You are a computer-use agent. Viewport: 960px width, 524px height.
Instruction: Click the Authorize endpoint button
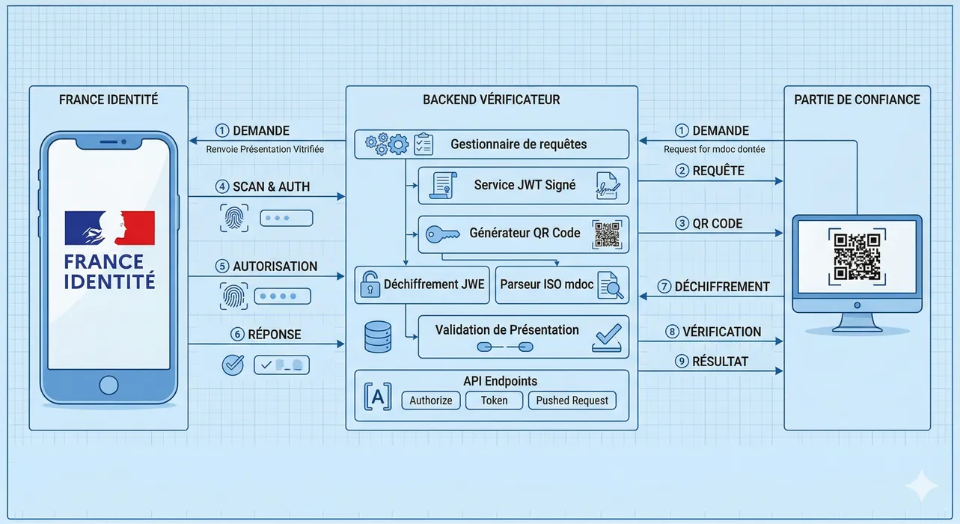point(431,400)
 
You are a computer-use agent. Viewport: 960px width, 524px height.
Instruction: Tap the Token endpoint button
point(494,400)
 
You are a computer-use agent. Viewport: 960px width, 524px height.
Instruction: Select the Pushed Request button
point(572,400)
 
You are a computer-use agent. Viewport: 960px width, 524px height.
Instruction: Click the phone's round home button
point(109,385)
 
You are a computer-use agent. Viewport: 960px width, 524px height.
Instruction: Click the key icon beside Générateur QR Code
point(442,234)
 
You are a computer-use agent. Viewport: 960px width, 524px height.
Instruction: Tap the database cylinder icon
point(377,337)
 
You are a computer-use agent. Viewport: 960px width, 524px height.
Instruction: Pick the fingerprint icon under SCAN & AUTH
point(233,218)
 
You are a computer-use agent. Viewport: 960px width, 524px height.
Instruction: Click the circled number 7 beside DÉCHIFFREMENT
point(664,287)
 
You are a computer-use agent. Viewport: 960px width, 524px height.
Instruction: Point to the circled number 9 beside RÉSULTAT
point(681,362)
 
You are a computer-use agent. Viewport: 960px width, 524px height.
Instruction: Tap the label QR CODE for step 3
point(717,223)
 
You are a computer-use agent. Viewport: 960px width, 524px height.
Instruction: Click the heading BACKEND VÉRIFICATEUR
point(491,100)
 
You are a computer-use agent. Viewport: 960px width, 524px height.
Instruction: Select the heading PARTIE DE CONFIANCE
point(857,100)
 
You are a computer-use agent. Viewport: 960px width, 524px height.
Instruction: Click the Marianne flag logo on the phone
point(110,228)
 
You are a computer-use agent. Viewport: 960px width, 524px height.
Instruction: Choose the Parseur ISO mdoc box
point(562,285)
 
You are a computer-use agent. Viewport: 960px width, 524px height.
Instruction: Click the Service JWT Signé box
point(524,186)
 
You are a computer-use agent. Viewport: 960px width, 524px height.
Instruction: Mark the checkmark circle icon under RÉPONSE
point(233,365)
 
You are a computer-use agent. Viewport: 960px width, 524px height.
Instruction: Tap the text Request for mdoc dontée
point(714,149)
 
